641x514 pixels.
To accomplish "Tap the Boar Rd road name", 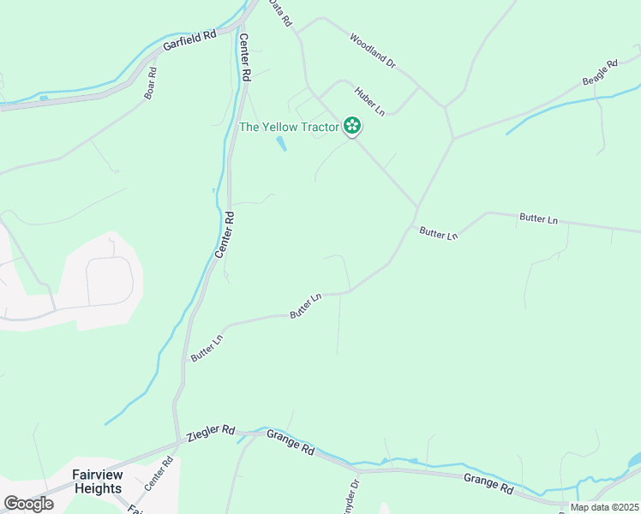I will point(151,83).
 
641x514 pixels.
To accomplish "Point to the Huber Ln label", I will point(369,99).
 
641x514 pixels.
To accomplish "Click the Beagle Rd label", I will point(600,72).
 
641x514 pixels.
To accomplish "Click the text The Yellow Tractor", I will point(289,128).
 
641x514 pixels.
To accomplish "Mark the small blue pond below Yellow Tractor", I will point(281,144).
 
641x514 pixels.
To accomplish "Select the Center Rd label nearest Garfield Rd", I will point(244,57).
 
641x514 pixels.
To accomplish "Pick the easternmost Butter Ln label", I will point(538,219).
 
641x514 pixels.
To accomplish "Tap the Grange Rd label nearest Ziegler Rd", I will point(291,442).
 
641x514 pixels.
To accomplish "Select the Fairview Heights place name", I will point(98,481).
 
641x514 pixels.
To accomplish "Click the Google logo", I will point(28,504).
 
